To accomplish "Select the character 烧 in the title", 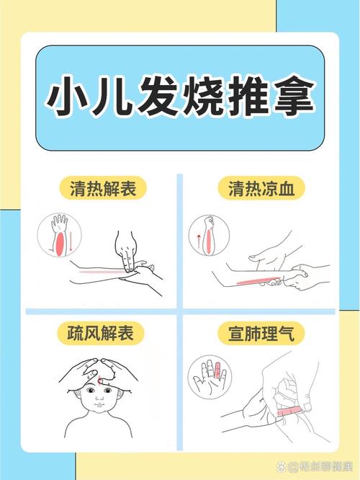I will point(181,95).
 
